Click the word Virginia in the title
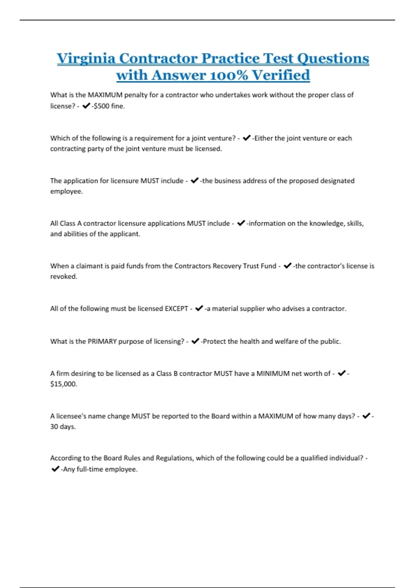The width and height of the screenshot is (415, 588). (86, 58)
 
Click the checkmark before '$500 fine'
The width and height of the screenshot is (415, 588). (86, 106)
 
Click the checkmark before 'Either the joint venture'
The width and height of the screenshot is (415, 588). (247, 138)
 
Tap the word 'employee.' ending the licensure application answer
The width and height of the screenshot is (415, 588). (66, 191)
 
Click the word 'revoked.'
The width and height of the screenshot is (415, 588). (64, 276)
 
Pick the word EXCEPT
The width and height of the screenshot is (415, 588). (176, 309)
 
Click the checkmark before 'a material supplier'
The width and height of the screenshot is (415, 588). (199, 308)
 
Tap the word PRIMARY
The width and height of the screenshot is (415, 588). (102, 341)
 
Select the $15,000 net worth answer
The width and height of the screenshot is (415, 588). (63, 384)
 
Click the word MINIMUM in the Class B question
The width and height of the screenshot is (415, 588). (273, 374)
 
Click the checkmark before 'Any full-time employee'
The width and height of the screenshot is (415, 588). (55, 469)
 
